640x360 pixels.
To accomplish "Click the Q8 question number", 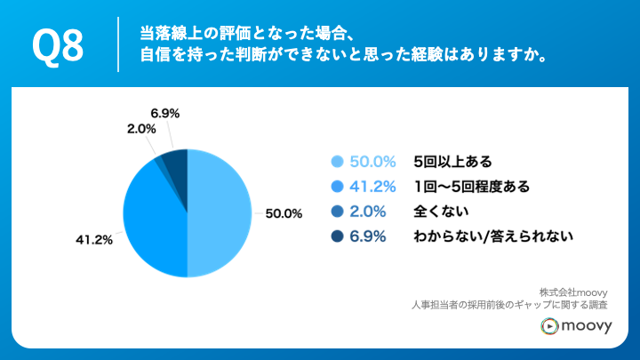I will pyautogui.click(x=58, y=44).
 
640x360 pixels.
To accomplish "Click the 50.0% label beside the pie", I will pyautogui.click(x=284, y=213).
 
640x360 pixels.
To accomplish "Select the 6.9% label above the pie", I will pyautogui.click(x=165, y=113).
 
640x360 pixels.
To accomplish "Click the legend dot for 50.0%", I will pyautogui.click(x=337, y=162).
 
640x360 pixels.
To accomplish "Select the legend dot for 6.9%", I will pyautogui.click(x=337, y=236).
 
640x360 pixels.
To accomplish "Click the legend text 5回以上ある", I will pyautogui.click(x=452, y=162).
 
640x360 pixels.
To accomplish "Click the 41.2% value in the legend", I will pyautogui.click(x=373, y=187).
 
